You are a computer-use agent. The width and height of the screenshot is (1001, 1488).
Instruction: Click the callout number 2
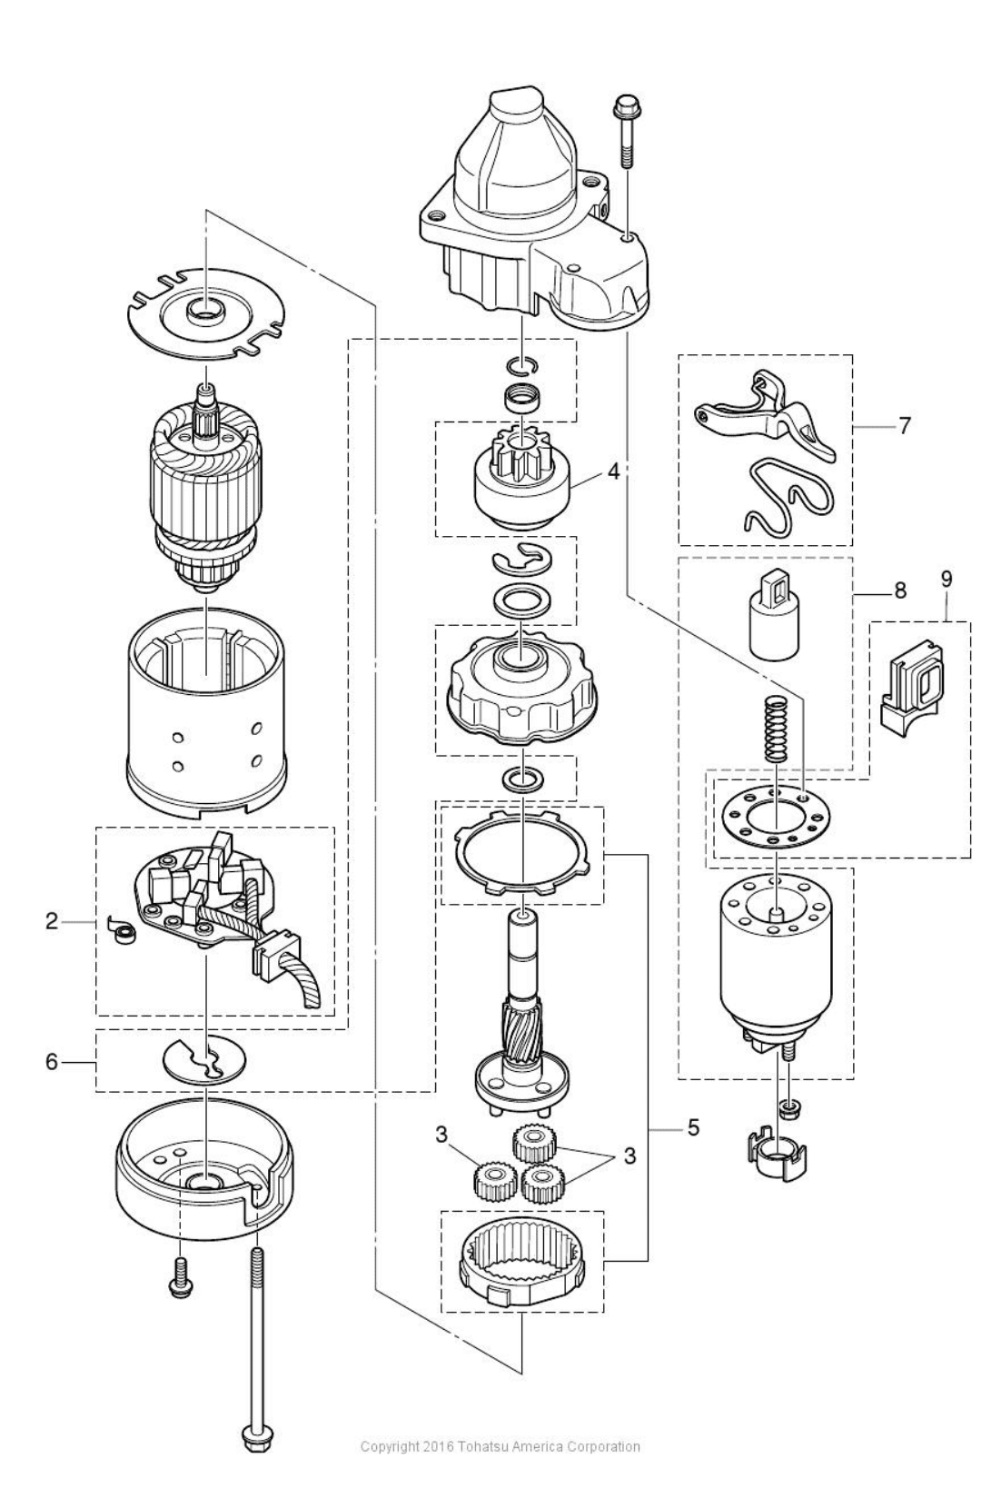[52, 922]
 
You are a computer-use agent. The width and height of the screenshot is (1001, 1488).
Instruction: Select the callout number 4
[614, 471]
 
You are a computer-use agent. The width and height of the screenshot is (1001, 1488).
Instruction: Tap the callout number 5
[693, 1128]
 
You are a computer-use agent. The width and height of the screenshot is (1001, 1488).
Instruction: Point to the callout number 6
[52, 1061]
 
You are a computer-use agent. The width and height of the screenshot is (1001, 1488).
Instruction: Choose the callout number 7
[904, 424]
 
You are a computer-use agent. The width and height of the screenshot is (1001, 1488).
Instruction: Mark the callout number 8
[900, 591]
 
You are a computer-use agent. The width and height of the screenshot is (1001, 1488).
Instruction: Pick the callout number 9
[946, 578]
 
